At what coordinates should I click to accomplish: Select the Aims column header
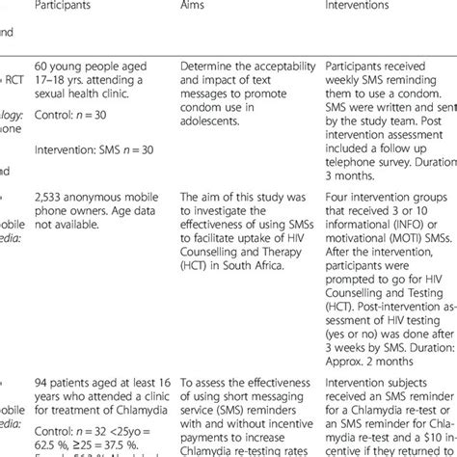coord(196,7)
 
